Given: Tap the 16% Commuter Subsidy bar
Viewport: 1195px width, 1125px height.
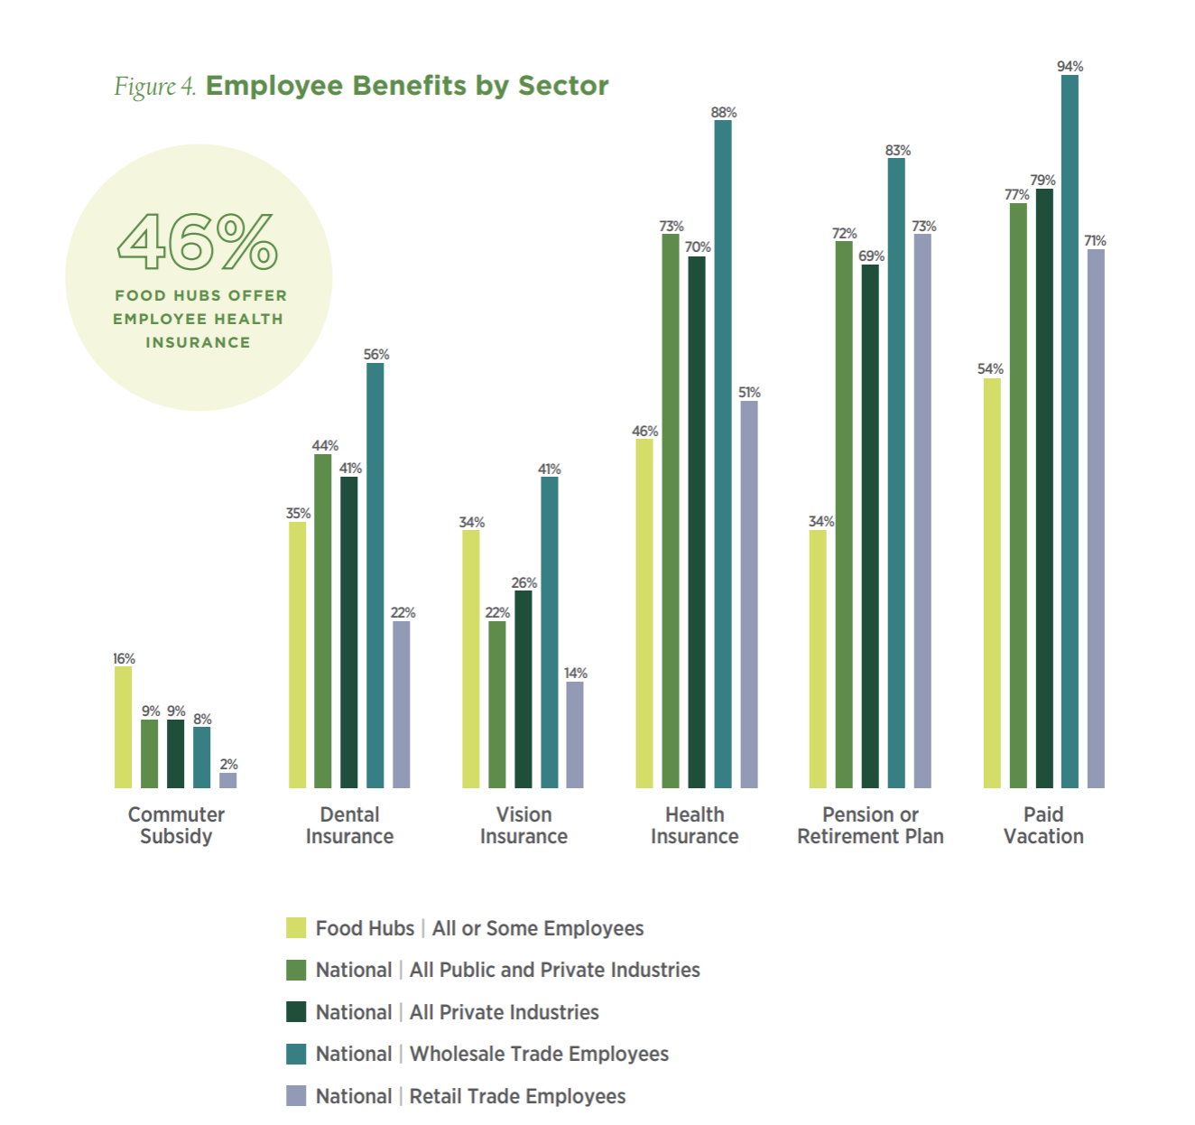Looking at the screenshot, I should (124, 727).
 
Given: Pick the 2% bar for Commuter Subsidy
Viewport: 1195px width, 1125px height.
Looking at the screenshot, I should (228, 780).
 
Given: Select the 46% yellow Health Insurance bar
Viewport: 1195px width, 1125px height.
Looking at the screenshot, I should (644, 613).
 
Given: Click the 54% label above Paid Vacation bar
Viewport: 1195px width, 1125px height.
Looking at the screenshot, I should (990, 369).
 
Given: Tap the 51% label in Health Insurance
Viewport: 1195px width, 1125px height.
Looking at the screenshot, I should (749, 393).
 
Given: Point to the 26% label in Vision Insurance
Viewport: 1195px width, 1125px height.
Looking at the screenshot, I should (523, 583).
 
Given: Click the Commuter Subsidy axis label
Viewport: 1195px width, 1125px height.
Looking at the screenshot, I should (176, 825).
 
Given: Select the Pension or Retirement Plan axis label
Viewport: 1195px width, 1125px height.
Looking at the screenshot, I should (870, 825).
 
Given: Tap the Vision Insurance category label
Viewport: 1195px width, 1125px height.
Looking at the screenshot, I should (523, 825).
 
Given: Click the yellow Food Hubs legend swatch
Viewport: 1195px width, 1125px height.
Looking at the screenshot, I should (296, 927).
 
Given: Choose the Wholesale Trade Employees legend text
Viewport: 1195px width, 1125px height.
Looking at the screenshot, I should (539, 1054).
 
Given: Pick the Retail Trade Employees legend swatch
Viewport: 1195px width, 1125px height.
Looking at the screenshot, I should (296, 1095).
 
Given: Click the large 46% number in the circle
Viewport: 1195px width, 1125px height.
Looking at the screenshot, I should (198, 242).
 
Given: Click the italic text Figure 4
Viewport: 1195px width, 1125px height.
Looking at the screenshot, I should (154, 87).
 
